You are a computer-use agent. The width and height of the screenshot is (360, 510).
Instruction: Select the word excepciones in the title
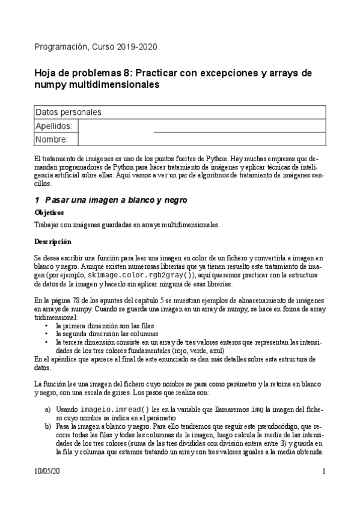(x=226, y=73)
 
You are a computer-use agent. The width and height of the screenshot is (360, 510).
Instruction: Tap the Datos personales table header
(x=69, y=112)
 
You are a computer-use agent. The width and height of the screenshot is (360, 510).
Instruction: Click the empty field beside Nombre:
(x=202, y=140)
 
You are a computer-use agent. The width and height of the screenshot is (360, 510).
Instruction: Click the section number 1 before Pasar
(x=37, y=200)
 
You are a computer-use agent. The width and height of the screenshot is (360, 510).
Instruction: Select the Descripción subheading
(x=53, y=242)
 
